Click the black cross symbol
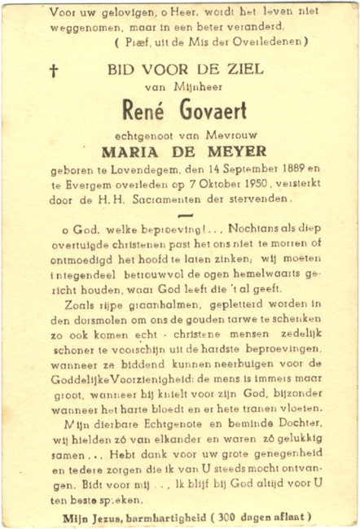54,70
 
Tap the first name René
144,109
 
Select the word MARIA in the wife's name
131,151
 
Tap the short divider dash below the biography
185,215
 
